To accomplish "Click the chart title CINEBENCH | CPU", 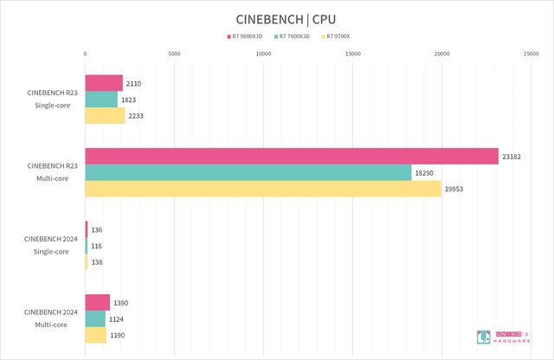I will click(277, 18).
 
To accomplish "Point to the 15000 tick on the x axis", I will click(353, 55).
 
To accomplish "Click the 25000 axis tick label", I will click(531, 55).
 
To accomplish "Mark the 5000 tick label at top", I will click(174, 55).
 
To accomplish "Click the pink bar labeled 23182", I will click(292, 156).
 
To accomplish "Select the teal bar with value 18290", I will click(248, 172).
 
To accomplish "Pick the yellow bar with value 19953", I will click(263, 189).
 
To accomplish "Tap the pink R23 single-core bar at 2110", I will click(104, 83).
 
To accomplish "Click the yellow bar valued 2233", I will click(105, 116).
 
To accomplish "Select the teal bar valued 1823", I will click(101, 100).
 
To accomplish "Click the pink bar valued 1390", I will click(98, 302).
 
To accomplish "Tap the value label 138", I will click(96, 262).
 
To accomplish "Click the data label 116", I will click(96, 246).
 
